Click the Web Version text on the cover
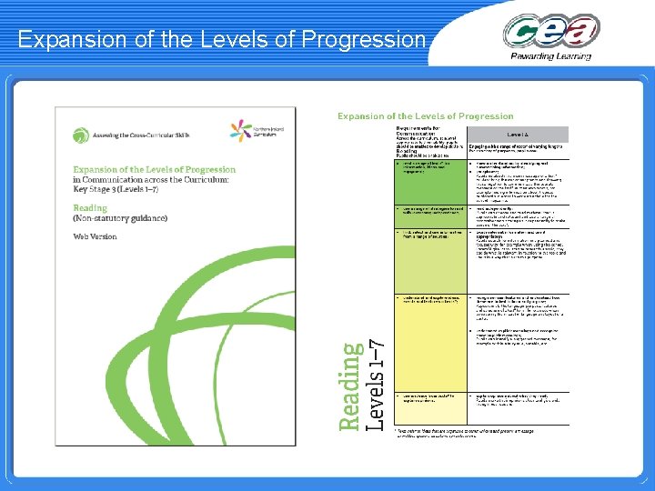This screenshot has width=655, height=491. point(96,236)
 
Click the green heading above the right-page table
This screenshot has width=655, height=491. point(426,116)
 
